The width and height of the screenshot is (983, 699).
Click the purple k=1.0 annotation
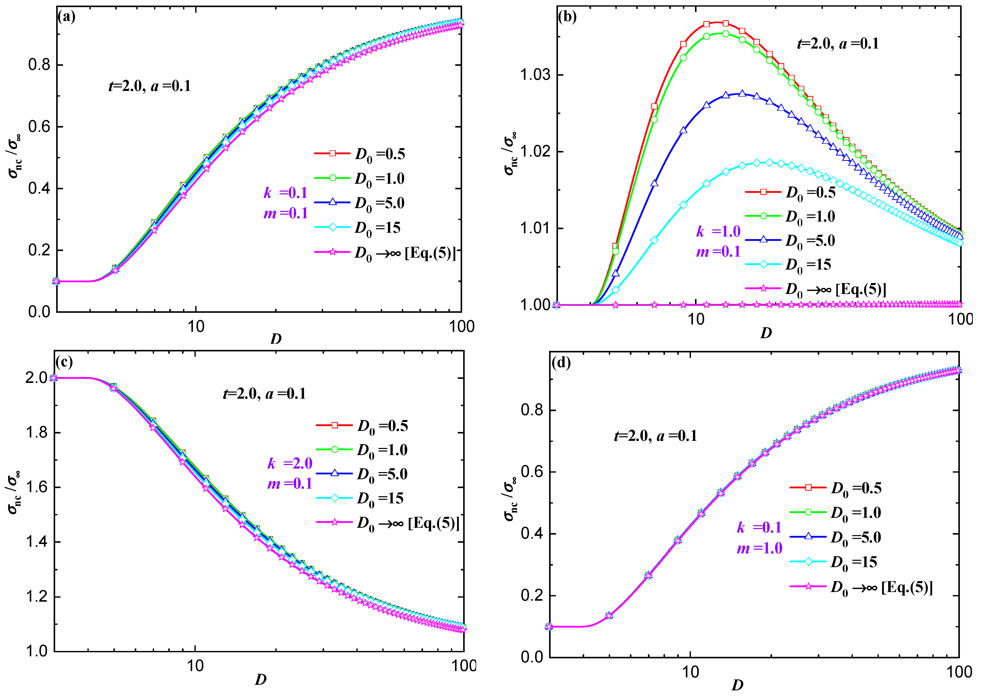[x=718, y=231]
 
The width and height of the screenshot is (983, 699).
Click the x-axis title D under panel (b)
[x=766, y=333]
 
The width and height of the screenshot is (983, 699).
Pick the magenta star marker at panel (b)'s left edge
[x=556, y=305]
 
